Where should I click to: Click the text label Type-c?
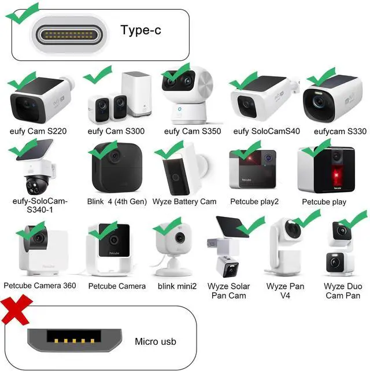pos(140,30)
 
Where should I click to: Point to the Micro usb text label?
pos(156,342)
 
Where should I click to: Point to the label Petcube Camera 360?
pos(39,286)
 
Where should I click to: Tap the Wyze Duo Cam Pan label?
pos(342,290)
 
